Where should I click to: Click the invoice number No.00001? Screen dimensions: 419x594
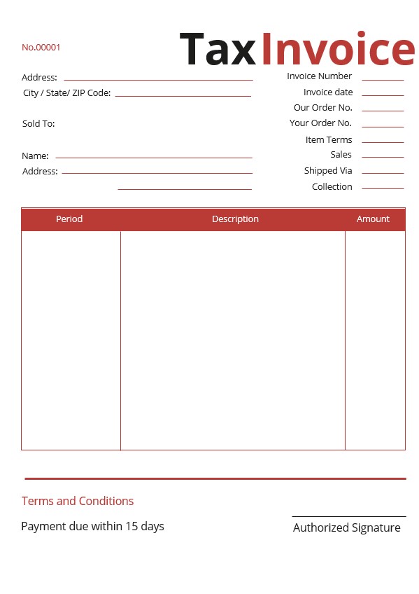click(x=41, y=48)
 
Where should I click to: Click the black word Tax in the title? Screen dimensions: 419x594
click(x=218, y=50)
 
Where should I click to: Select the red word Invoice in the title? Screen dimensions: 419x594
click(x=338, y=50)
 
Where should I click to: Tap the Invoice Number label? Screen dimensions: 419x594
click(x=319, y=76)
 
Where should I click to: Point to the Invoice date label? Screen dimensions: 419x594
click(x=328, y=92)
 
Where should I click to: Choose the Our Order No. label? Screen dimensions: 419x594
click(x=322, y=108)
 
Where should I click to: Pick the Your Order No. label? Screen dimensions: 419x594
click(x=320, y=123)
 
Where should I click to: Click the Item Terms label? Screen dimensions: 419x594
click(x=329, y=140)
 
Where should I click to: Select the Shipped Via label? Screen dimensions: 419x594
click(x=328, y=171)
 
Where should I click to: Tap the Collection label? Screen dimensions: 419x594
click(x=332, y=187)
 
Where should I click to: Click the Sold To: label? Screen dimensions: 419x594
click(x=38, y=124)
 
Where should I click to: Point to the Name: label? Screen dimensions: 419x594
click(x=35, y=156)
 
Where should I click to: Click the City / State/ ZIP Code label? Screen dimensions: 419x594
click(x=66, y=93)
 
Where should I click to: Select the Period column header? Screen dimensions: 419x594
click(x=69, y=219)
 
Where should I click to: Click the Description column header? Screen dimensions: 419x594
click(x=235, y=219)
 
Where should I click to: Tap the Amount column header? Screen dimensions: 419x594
click(x=373, y=219)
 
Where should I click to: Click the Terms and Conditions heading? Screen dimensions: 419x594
click(x=78, y=501)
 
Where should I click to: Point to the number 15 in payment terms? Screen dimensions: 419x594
click(x=132, y=526)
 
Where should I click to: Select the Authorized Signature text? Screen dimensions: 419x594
click(x=346, y=528)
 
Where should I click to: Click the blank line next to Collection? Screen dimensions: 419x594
click(x=383, y=188)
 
